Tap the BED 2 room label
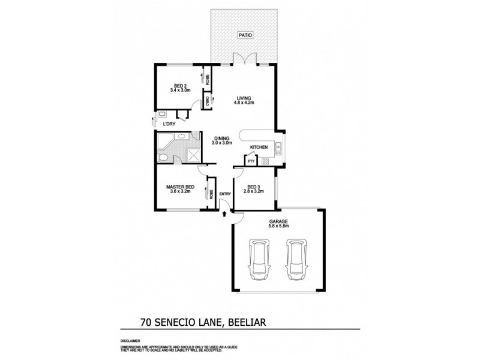coord(180,88)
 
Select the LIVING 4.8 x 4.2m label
coord(243,100)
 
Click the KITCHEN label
coord(259,148)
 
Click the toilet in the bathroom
coord(163,157)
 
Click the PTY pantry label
coord(250,161)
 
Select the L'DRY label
coord(170,124)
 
